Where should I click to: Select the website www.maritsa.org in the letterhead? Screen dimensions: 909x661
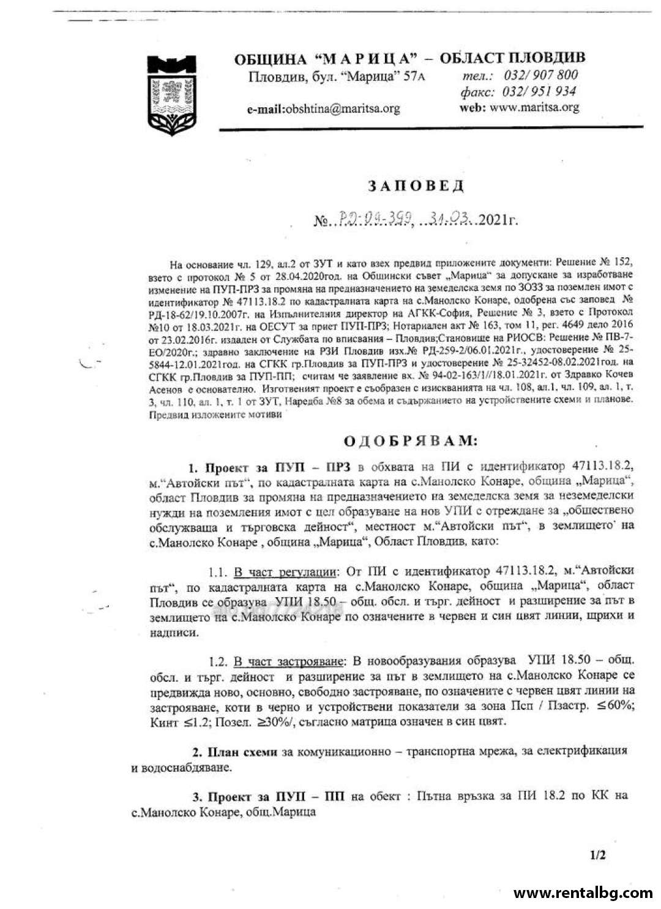(x=534, y=107)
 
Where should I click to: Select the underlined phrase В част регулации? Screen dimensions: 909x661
(x=285, y=572)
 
